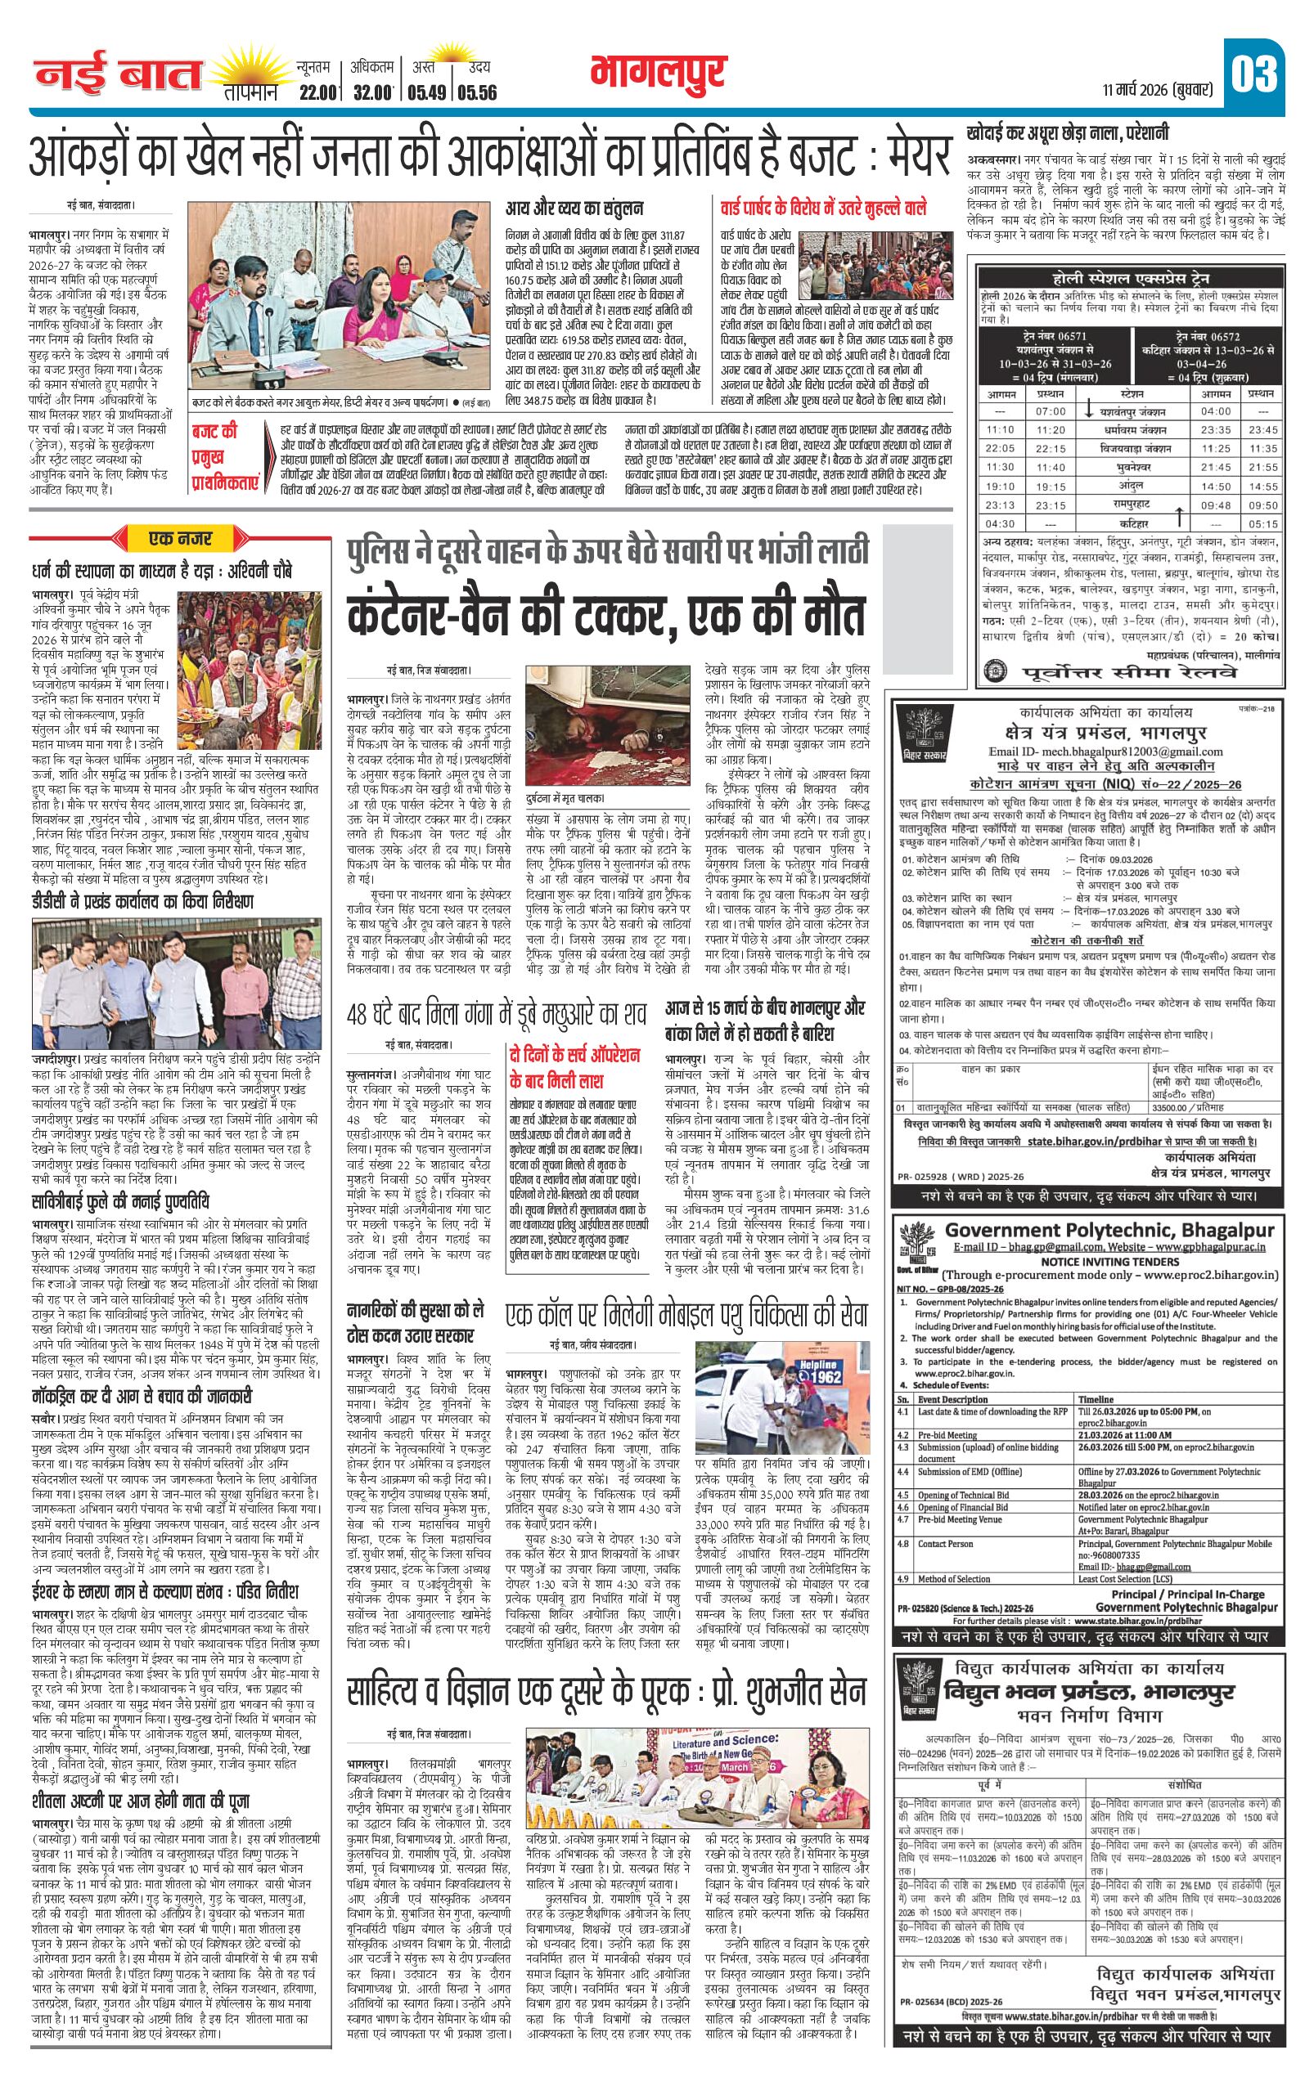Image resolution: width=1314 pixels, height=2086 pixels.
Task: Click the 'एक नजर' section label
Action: pos(180,540)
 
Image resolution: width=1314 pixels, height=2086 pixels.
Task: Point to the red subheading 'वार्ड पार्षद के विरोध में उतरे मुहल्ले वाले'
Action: pos(823,208)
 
